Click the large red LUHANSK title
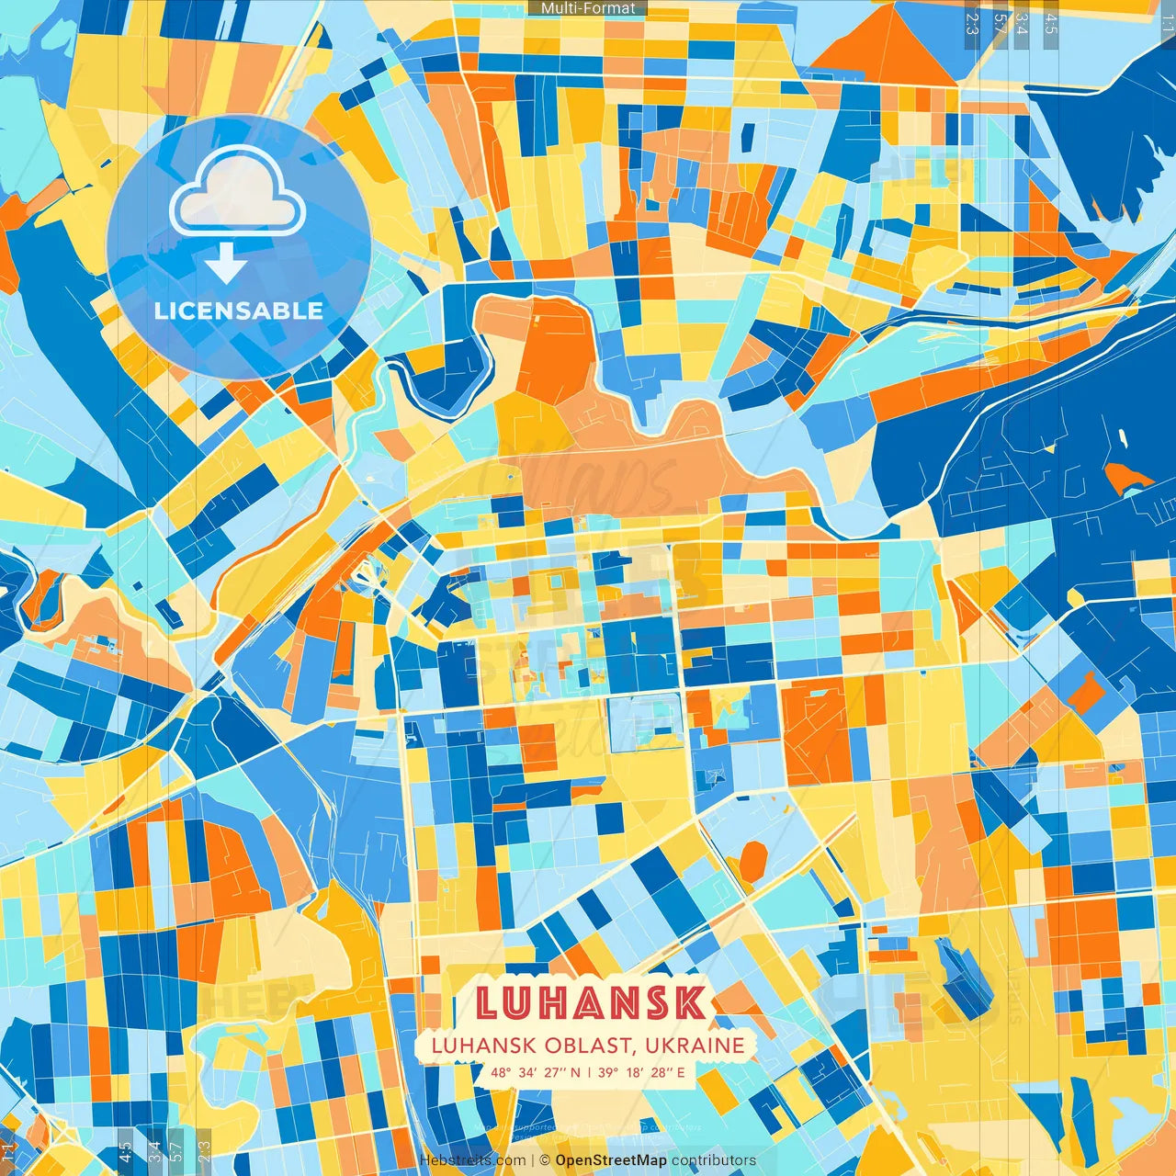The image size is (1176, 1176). pyautogui.click(x=592, y=1002)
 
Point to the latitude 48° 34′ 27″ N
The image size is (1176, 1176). pyautogui.click(x=535, y=1072)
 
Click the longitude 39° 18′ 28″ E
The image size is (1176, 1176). pyautogui.click(x=641, y=1072)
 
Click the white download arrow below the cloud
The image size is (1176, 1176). pyautogui.click(x=225, y=264)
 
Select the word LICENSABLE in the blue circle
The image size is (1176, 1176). pyautogui.click(x=239, y=311)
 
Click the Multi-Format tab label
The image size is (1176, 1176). pyautogui.click(x=588, y=8)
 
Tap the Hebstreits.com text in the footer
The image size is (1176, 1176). pyautogui.click(x=472, y=1160)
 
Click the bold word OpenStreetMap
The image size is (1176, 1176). pyautogui.click(x=611, y=1160)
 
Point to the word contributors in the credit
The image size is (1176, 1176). pyautogui.click(x=714, y=1160)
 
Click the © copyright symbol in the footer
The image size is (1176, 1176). pyautogui.click(x=545, y=1160)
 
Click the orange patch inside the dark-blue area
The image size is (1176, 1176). pyautogui.click(x=1126, y=477)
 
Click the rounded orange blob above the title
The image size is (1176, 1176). pyautogui.click(x=753, y=862)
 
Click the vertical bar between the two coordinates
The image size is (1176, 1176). pyautogui.click(x=589, y=1072)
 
